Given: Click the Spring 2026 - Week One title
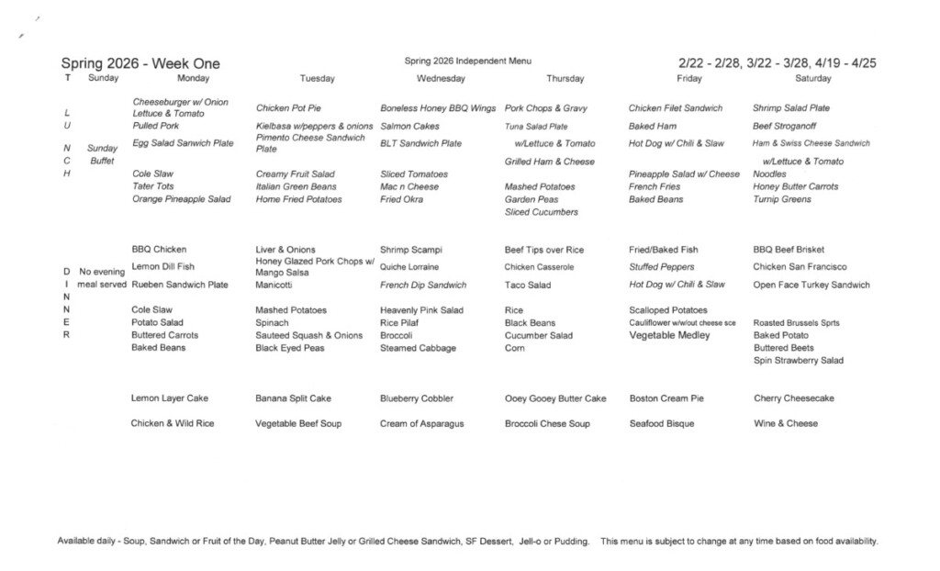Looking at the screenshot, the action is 140,63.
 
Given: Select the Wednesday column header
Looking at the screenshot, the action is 441,79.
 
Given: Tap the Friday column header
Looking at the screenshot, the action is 688,79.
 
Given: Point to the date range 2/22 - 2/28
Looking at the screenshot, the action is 709,63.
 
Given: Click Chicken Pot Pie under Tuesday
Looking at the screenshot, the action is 288,108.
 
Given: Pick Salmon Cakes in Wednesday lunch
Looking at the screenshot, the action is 409,126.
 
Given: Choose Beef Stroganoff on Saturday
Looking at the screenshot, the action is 784,126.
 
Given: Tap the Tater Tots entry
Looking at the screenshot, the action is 152,186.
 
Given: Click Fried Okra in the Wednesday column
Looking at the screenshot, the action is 402,199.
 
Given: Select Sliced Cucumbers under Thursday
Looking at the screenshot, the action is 542,212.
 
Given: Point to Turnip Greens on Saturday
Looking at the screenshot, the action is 782,199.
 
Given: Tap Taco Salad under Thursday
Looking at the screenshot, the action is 528,285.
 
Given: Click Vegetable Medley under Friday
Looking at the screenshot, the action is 669,336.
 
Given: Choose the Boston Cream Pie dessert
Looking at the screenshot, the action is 666,398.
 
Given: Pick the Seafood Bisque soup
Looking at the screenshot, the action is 662,424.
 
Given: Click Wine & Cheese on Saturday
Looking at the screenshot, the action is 785,424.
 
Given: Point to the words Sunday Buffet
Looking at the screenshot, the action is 102,154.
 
